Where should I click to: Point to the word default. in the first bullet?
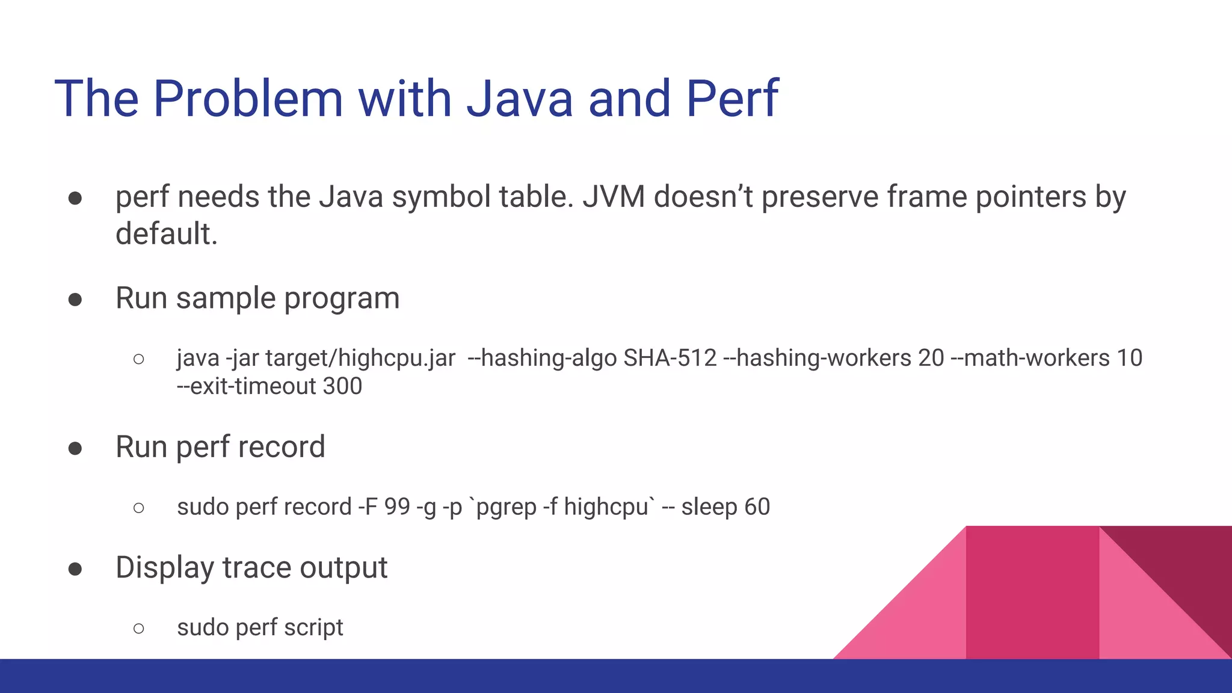coord(166,233)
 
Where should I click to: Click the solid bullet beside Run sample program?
coord(75,299)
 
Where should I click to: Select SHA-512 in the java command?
coord(670,358)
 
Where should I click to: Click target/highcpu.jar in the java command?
coord(360,358)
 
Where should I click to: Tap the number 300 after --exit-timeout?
coord(342,386)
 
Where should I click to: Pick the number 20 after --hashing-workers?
coord(931,358)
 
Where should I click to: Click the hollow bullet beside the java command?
coord(139,359)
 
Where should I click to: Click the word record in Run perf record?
coord(282,447)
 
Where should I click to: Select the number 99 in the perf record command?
coord(396,507)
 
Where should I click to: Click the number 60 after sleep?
coord(757,507)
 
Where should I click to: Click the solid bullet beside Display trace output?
coord(75,568)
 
